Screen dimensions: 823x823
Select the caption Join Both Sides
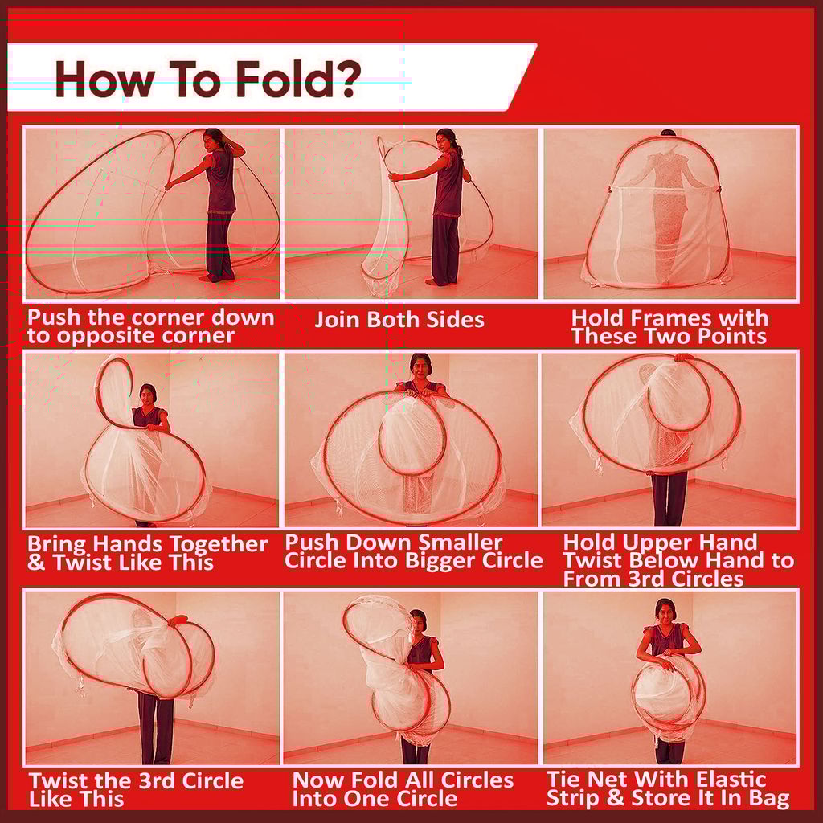point(399,319)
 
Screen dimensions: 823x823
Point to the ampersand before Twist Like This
point(36,563)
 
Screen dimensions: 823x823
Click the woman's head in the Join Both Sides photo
point(446,140)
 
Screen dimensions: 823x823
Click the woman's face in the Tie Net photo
point(665,612)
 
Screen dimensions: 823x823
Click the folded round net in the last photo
point(667,696)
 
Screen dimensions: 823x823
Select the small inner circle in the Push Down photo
point(411,434)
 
